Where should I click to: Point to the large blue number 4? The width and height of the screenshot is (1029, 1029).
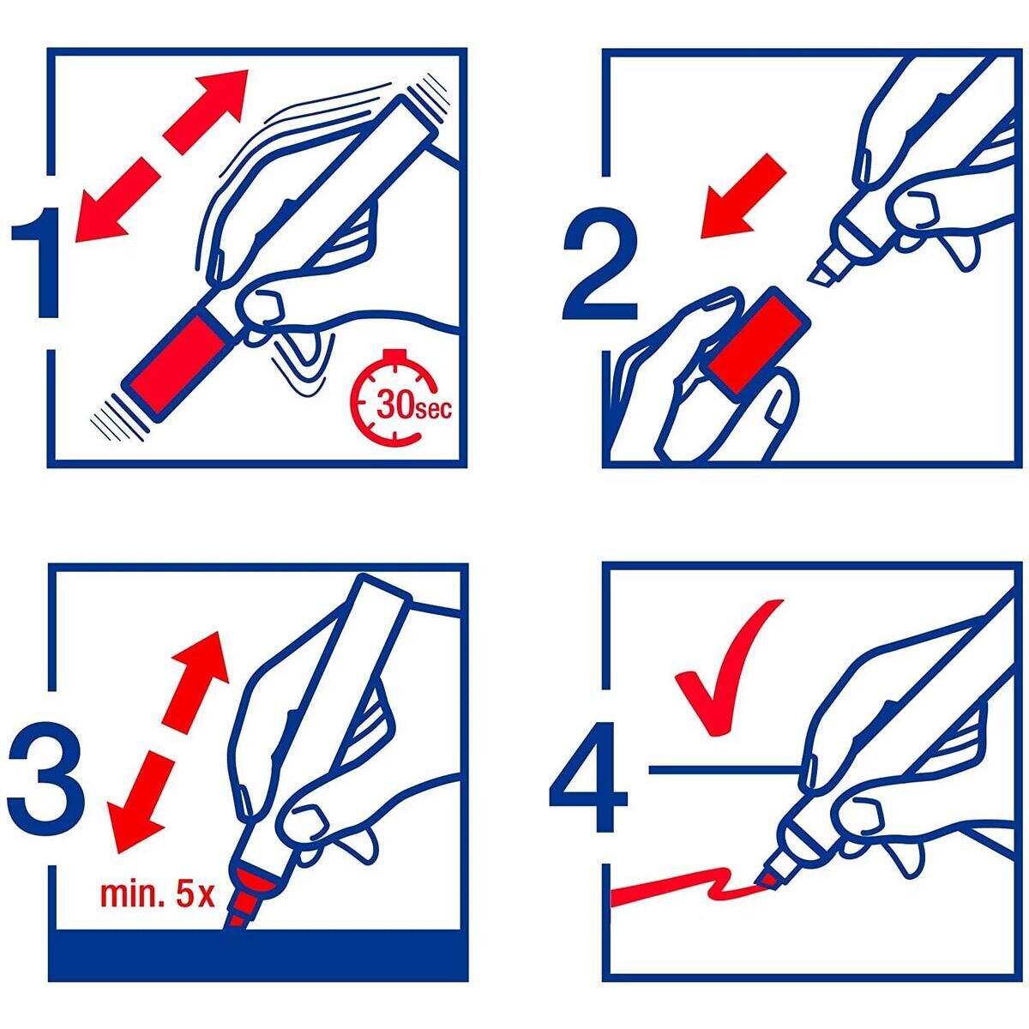588,777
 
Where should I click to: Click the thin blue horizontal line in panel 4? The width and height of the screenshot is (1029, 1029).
725,769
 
